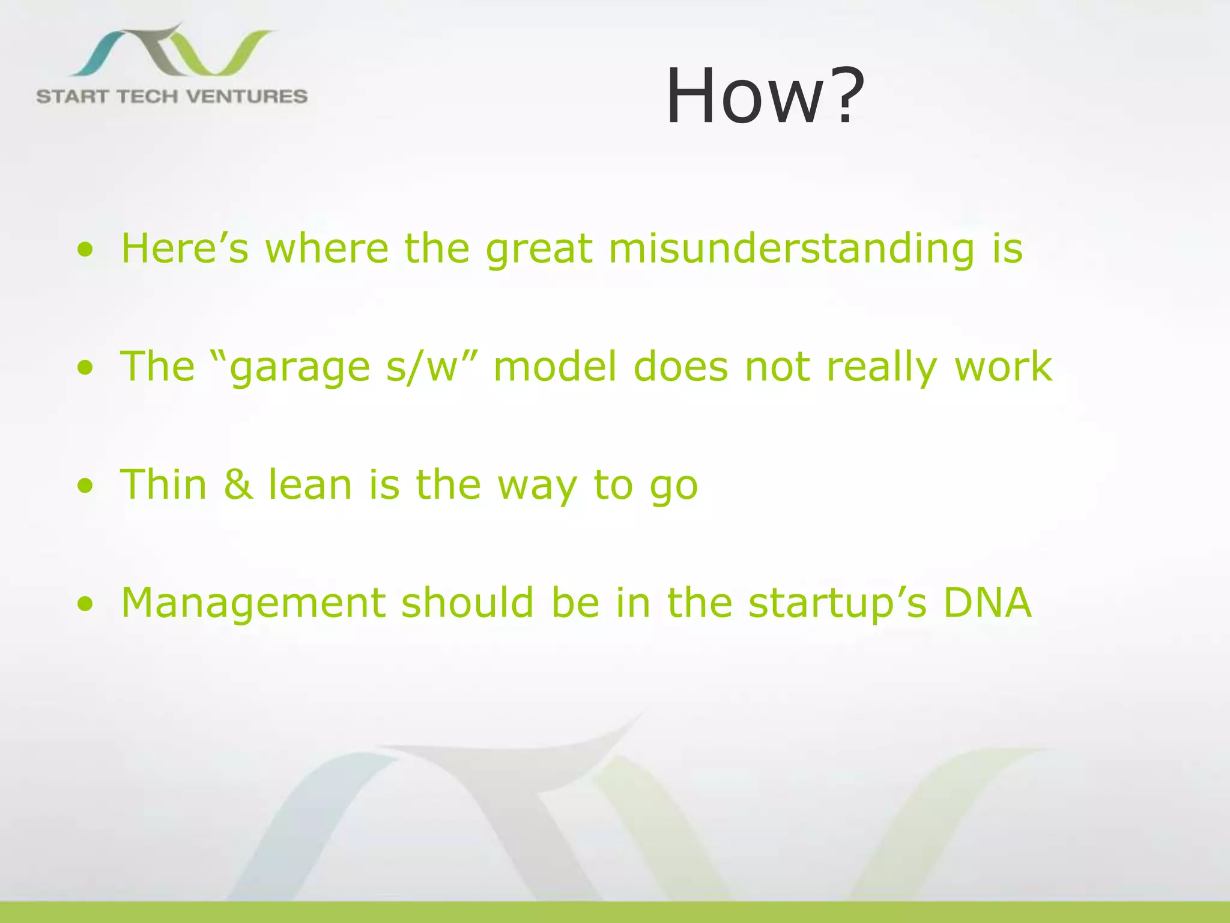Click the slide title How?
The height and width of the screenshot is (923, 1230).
(765, 96)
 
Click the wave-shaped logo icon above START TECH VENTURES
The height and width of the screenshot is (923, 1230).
(171, 51)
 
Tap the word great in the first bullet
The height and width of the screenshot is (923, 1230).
(539, 249)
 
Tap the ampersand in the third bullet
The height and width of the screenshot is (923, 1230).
(238, 485)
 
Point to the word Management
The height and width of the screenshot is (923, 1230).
(252, 603)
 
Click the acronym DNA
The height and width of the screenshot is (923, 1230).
(987, 603)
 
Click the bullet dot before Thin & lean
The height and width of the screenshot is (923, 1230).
(86, 486)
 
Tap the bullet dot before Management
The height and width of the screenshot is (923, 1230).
(86, 604)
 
